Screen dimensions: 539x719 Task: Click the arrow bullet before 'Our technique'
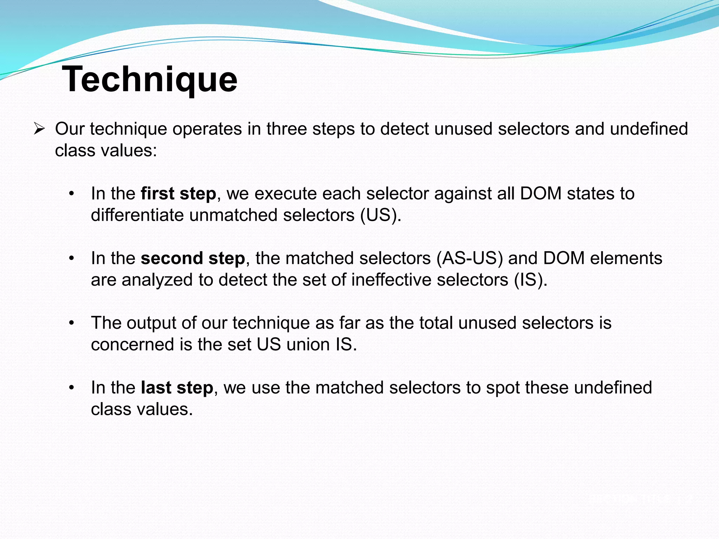pyautogui.click(x=39, y=129)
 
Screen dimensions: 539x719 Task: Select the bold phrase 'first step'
pyautogui.click(x=178, y=194)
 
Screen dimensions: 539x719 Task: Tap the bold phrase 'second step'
pyautogui.click(x=193, y=258)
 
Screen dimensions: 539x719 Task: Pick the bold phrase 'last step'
pyautogui.click(x=177, y=388)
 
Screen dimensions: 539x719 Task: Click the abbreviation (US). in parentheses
pyautogui.click(x=381, y=215)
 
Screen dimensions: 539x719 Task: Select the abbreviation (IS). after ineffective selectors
pyautogui.click(x=530, y=280)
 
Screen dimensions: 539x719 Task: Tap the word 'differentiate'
pyautogui.click(x=137, y=215)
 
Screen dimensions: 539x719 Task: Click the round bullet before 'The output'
pyautogui.click(x=72, y=323)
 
